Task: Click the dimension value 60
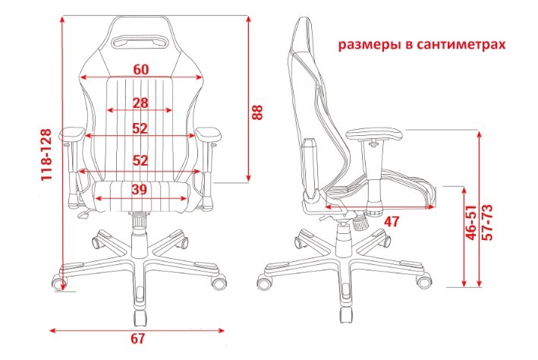click(141, 69)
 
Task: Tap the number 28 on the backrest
click(140, 103)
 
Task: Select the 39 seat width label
click(140, 189)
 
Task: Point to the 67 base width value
click(137, 339)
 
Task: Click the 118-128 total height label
click(46, 155)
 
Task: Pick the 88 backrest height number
click(257, 112)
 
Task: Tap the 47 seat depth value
click(392, 222)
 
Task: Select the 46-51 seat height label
click(472, 223)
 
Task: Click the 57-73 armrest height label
click(487, 223)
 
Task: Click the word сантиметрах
click(461, 45)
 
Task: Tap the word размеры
click(367, 45)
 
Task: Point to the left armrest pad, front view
click(72, 134)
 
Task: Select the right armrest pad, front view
click(209, 134)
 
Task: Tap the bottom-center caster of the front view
click(140, 318)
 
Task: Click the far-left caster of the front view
click(58, 282)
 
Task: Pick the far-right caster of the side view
click(423, 281)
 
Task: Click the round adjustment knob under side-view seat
click(360, 223)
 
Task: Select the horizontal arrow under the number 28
click(140, 110)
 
